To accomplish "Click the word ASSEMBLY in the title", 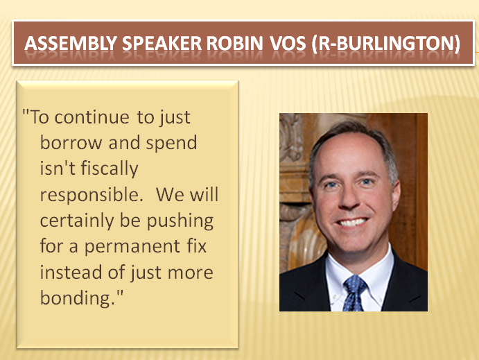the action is coord(71,43).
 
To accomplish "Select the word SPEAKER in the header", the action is coord(162,43).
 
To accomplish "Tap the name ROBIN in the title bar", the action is coord(234,43).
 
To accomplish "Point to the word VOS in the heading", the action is coord(288,43).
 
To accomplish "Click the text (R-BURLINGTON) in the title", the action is coord(386,44).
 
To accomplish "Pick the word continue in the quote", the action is coord(92,117).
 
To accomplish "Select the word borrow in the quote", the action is coord(71,143).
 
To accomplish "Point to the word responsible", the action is coord(92,195).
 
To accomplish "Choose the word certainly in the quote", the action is coord(77,221).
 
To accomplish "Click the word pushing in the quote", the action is coord(180,221).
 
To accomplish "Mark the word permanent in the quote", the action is coord(132,247).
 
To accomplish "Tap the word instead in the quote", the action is coord(71,273).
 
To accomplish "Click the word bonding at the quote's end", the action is coord(77,298).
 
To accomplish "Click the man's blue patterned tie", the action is coord(354,293).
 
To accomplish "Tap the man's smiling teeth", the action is coord(352,222).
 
